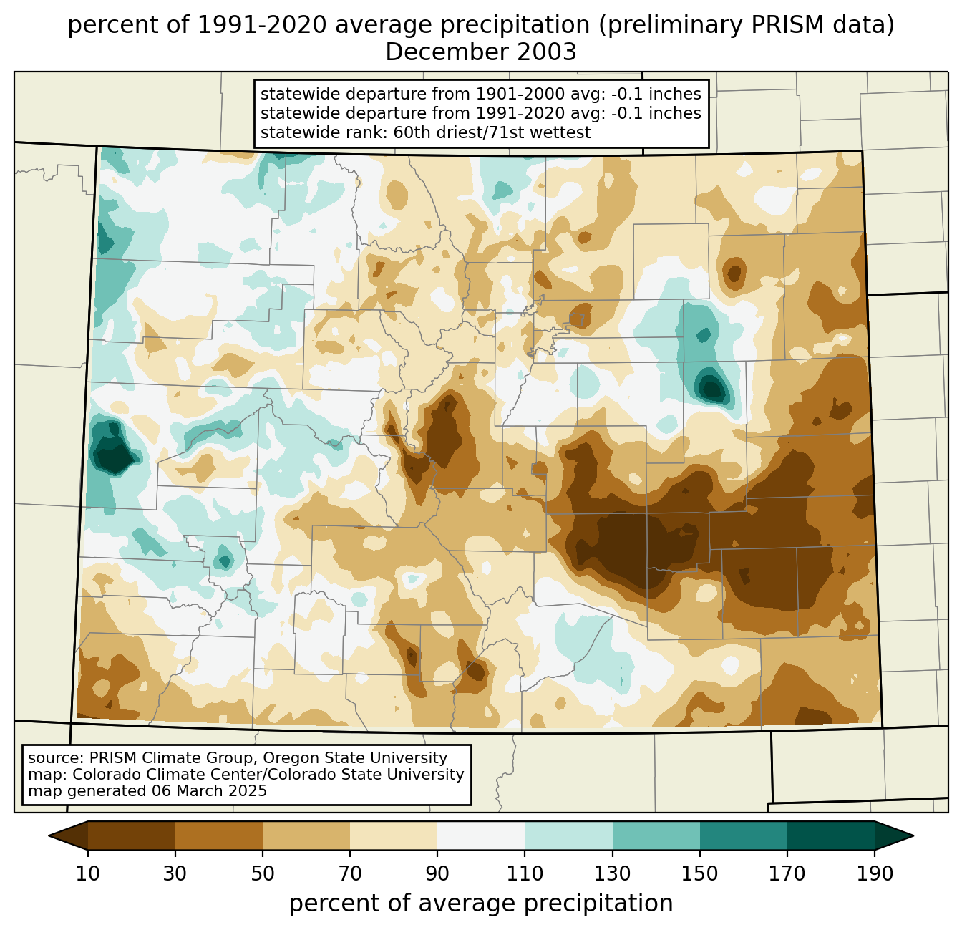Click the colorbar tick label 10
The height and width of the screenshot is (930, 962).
[x=88, y=873]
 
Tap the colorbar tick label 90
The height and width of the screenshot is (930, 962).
[x=437, y=873]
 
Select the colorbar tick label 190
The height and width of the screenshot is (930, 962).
[x=875, y=873]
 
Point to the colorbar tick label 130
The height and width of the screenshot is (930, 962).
[x=613, y=873]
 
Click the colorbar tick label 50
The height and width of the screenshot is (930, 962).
[x=263, y=873]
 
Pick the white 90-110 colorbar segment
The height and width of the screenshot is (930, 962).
[x=481, y=835]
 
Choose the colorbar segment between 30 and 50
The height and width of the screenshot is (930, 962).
[x=219, y=835]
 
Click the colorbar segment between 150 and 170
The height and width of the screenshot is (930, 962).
[x=744, y=835]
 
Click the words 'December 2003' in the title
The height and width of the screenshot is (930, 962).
[x=481, y=52]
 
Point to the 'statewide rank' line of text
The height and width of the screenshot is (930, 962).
[x=425, y=132]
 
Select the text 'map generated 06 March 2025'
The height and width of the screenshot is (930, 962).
[x=147, y=791]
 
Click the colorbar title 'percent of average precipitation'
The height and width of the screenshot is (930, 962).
[x=481, y=904]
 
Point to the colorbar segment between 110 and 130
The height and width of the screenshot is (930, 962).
[x=569, y=835]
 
